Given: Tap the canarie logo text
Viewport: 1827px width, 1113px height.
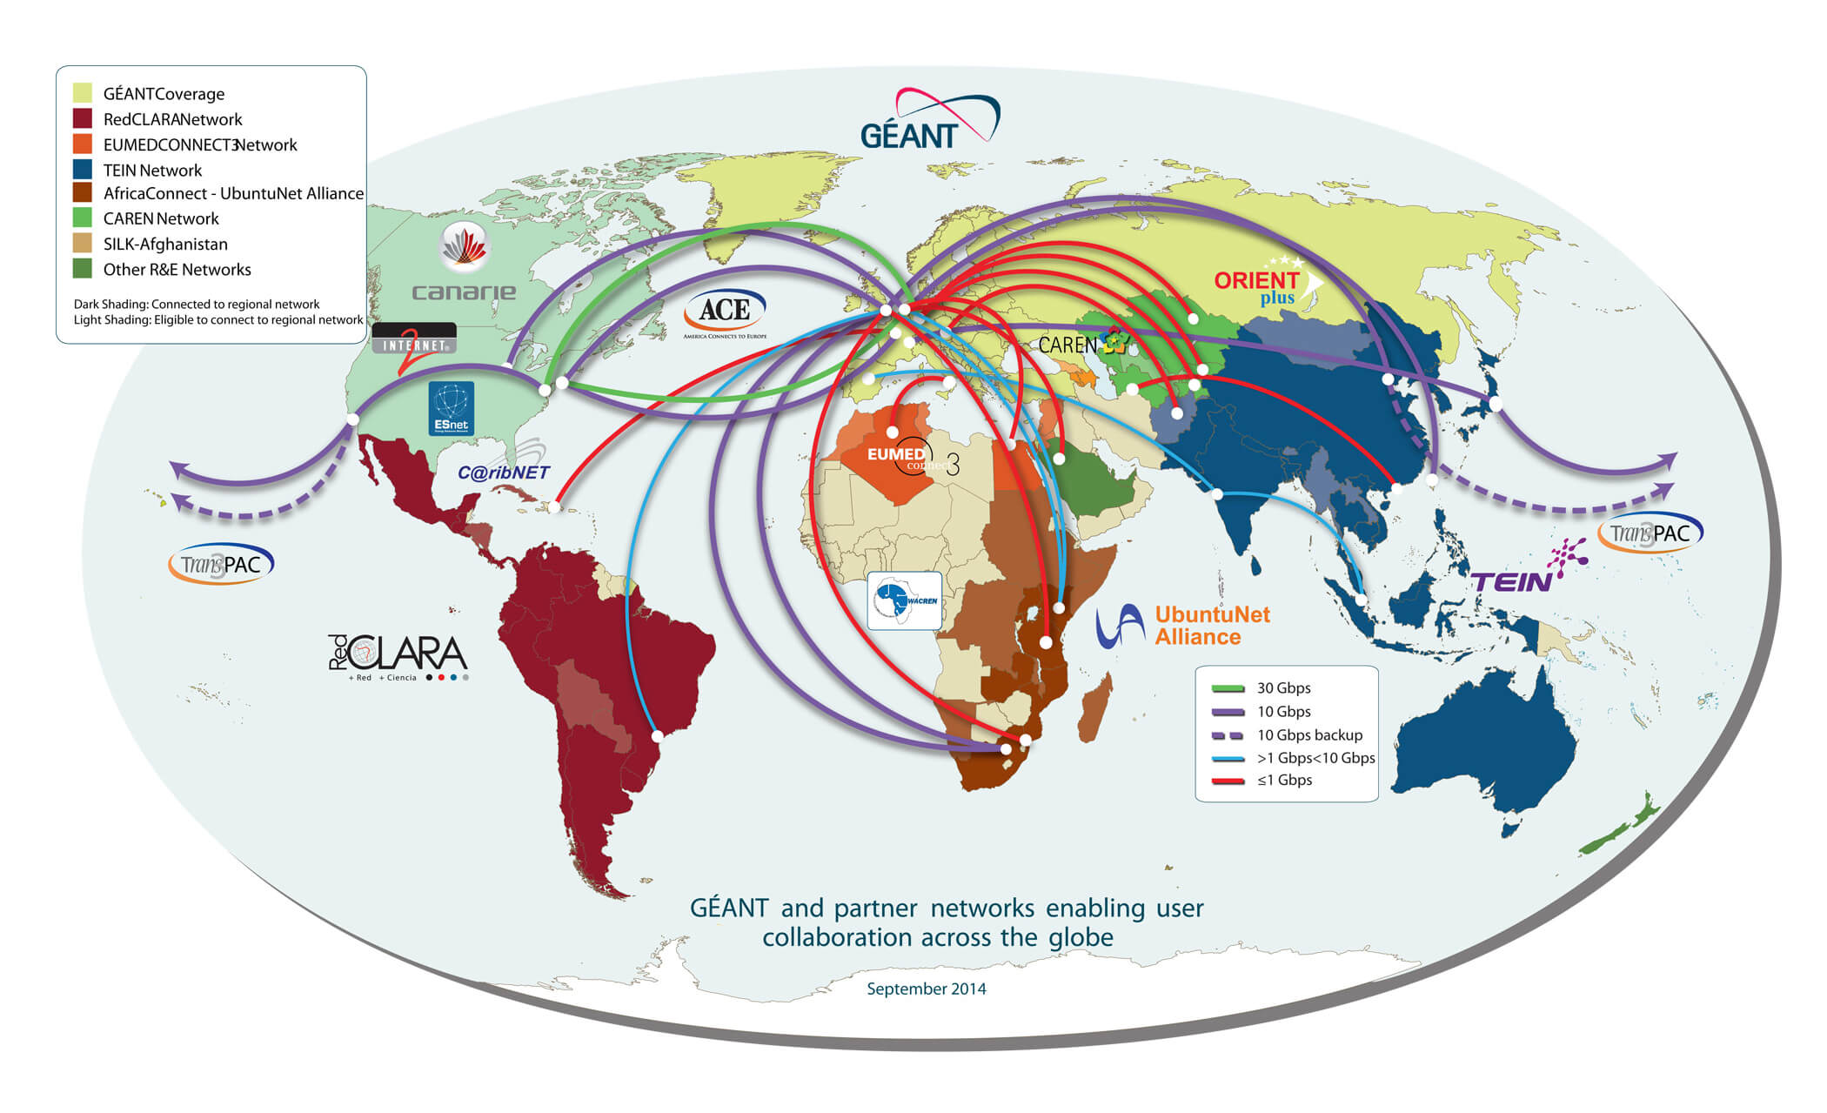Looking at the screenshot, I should click(464, 292).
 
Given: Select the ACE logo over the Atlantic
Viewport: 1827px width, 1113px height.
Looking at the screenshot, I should click(725, 311).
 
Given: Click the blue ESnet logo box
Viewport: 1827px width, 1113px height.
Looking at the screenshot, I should click(452, 408).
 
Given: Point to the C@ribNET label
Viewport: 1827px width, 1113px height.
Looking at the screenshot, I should click(504, 473).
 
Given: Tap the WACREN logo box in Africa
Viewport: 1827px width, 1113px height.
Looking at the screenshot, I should click(905, 600).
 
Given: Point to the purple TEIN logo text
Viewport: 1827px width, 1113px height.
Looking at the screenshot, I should click(1512, 581).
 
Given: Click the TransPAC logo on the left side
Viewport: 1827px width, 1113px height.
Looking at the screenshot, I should click(221, 565).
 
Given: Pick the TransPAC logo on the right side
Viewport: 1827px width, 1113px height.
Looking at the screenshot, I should click(1650, 533).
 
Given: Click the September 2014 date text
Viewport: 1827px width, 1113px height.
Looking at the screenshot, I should click(927, 989).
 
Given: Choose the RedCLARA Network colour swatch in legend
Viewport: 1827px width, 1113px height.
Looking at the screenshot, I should click(83, 119).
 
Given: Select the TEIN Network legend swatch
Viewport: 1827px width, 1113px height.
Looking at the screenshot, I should click(83, 170).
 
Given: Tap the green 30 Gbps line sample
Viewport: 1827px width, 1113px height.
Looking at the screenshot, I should click(1228, 688).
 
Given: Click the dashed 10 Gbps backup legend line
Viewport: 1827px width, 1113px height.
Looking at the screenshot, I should click(1228, 735).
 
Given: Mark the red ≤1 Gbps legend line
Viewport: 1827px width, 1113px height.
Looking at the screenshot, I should click(1228, 781).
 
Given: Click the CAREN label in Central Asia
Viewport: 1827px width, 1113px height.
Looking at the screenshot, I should click(1067, 345).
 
